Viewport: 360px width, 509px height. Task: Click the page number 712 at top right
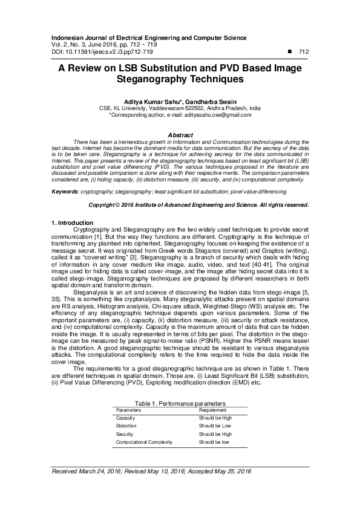pos(304,52)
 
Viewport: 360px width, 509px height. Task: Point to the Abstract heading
pos(180,134)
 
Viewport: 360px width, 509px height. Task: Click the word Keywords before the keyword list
pos(65,191)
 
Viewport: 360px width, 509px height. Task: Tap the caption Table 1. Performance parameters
pos(180,402)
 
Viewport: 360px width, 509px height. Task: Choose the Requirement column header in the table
pos(213,410)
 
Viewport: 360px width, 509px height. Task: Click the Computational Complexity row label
pos(144,442)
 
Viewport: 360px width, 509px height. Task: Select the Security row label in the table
pos(125,434)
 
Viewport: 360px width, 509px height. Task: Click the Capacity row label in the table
pos(125,418)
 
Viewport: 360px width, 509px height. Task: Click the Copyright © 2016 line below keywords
pos(199,205)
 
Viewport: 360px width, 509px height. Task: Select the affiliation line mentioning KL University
pos(180,108)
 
